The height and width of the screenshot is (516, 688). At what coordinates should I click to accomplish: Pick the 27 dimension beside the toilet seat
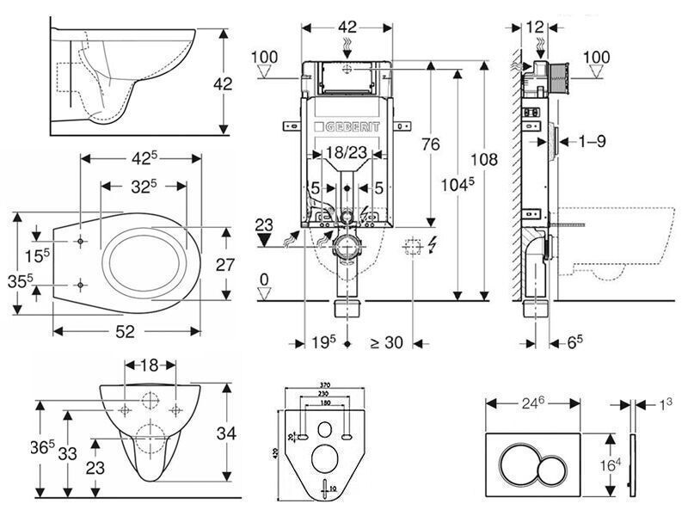pos(225,264)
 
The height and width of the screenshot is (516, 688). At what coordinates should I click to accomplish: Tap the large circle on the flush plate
pos(521,454)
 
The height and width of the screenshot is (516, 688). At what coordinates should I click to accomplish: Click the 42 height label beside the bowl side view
pos(224,83)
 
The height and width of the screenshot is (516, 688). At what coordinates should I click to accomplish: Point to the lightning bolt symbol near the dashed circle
pos(431,247)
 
